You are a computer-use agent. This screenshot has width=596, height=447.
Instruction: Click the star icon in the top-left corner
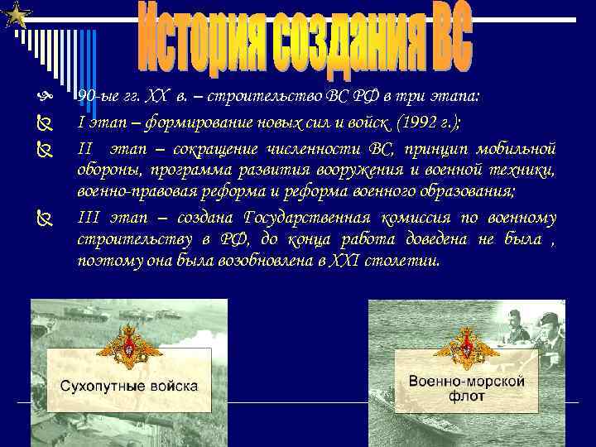pos(17,14)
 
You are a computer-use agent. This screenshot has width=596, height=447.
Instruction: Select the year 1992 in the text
pos(417,123)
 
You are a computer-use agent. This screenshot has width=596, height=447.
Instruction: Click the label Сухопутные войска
pos(128,386)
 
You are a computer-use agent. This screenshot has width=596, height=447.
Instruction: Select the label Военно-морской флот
pos(467,388)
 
